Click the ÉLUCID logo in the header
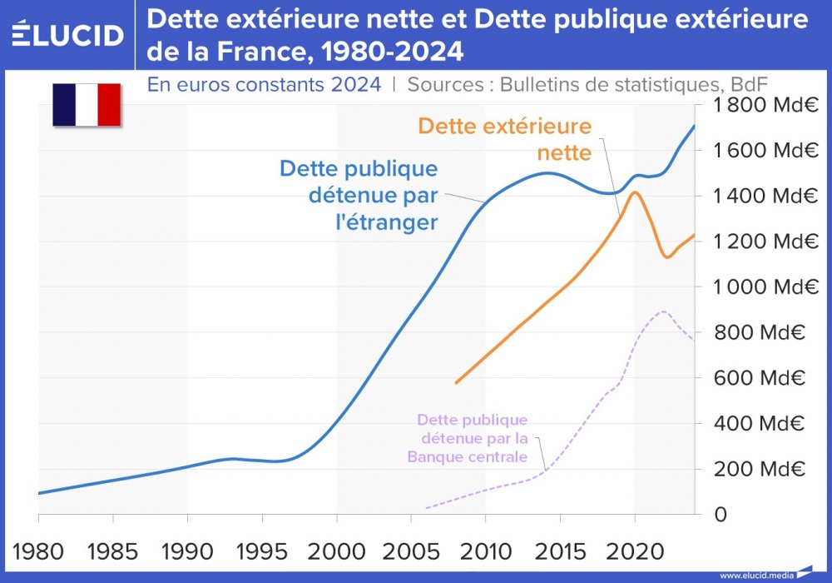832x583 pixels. tap(67, 35)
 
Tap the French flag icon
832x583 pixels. tap(87, 105)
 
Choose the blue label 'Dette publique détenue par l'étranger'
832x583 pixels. tap(359, 196)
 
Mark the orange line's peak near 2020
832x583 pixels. tap(634, 192)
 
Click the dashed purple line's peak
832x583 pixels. tap(663, 311)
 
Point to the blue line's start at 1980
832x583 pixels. tap(39, 493)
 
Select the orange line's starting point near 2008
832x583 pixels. tap(456, 383)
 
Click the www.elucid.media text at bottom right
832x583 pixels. tap(755, 575)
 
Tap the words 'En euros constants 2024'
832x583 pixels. tap(264, 84)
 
